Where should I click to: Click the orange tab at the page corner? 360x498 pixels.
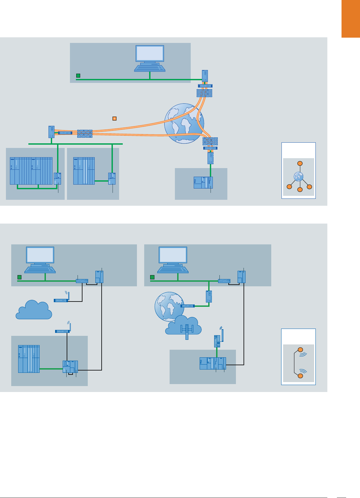[x=350, y=19]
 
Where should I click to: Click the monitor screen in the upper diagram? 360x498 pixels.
[x=150, y=53]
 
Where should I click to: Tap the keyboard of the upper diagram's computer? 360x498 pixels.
[x=150, y=68]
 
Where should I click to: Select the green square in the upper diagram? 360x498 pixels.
[x=78, y=76]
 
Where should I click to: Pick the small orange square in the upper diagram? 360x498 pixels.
[x=115, y=118]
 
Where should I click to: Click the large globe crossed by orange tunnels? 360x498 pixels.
[x=184, y=123]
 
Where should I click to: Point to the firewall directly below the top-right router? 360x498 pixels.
[x=205, y=93]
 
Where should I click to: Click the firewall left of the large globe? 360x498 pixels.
[x=85, y=133]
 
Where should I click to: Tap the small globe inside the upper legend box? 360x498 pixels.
[x=299, y=177]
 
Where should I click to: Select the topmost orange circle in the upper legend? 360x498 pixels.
[x=300, y=163]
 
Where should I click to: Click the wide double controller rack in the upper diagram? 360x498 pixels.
[x=31, y=171]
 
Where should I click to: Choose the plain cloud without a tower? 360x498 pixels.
[x=34, y=310]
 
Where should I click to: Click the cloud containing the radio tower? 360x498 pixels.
[x=184, y=326]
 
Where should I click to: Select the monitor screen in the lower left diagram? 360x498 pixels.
[x=40, y=255]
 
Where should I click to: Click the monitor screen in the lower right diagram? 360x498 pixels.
[x=173, y=255]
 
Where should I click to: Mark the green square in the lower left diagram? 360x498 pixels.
[x=19, y=277]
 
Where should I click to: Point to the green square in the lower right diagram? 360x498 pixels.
[x=152, y=277]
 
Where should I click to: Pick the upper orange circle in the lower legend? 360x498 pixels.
[x=300, y=350]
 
